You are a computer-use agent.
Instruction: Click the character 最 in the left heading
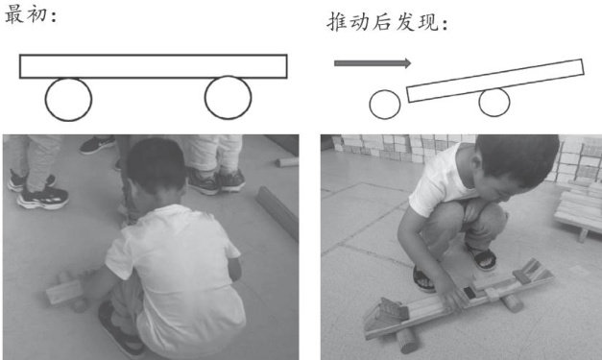tap(13, 15)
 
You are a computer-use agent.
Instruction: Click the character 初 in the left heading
tap(36, 15)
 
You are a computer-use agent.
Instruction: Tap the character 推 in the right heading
tap(337, 22)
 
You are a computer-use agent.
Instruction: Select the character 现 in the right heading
tap(428, 22)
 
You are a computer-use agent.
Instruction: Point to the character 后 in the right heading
tap(382, 22)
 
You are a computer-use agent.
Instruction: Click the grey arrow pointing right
tap(373, 63)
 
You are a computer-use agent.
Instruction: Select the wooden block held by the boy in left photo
tap(64, 292)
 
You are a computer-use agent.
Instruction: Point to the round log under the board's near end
tap(407, 341)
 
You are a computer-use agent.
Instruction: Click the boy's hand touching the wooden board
tap(452, 296)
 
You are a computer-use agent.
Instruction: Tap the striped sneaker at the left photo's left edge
tap(43, 198)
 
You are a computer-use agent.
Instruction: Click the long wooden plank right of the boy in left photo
tap(277, 212)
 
